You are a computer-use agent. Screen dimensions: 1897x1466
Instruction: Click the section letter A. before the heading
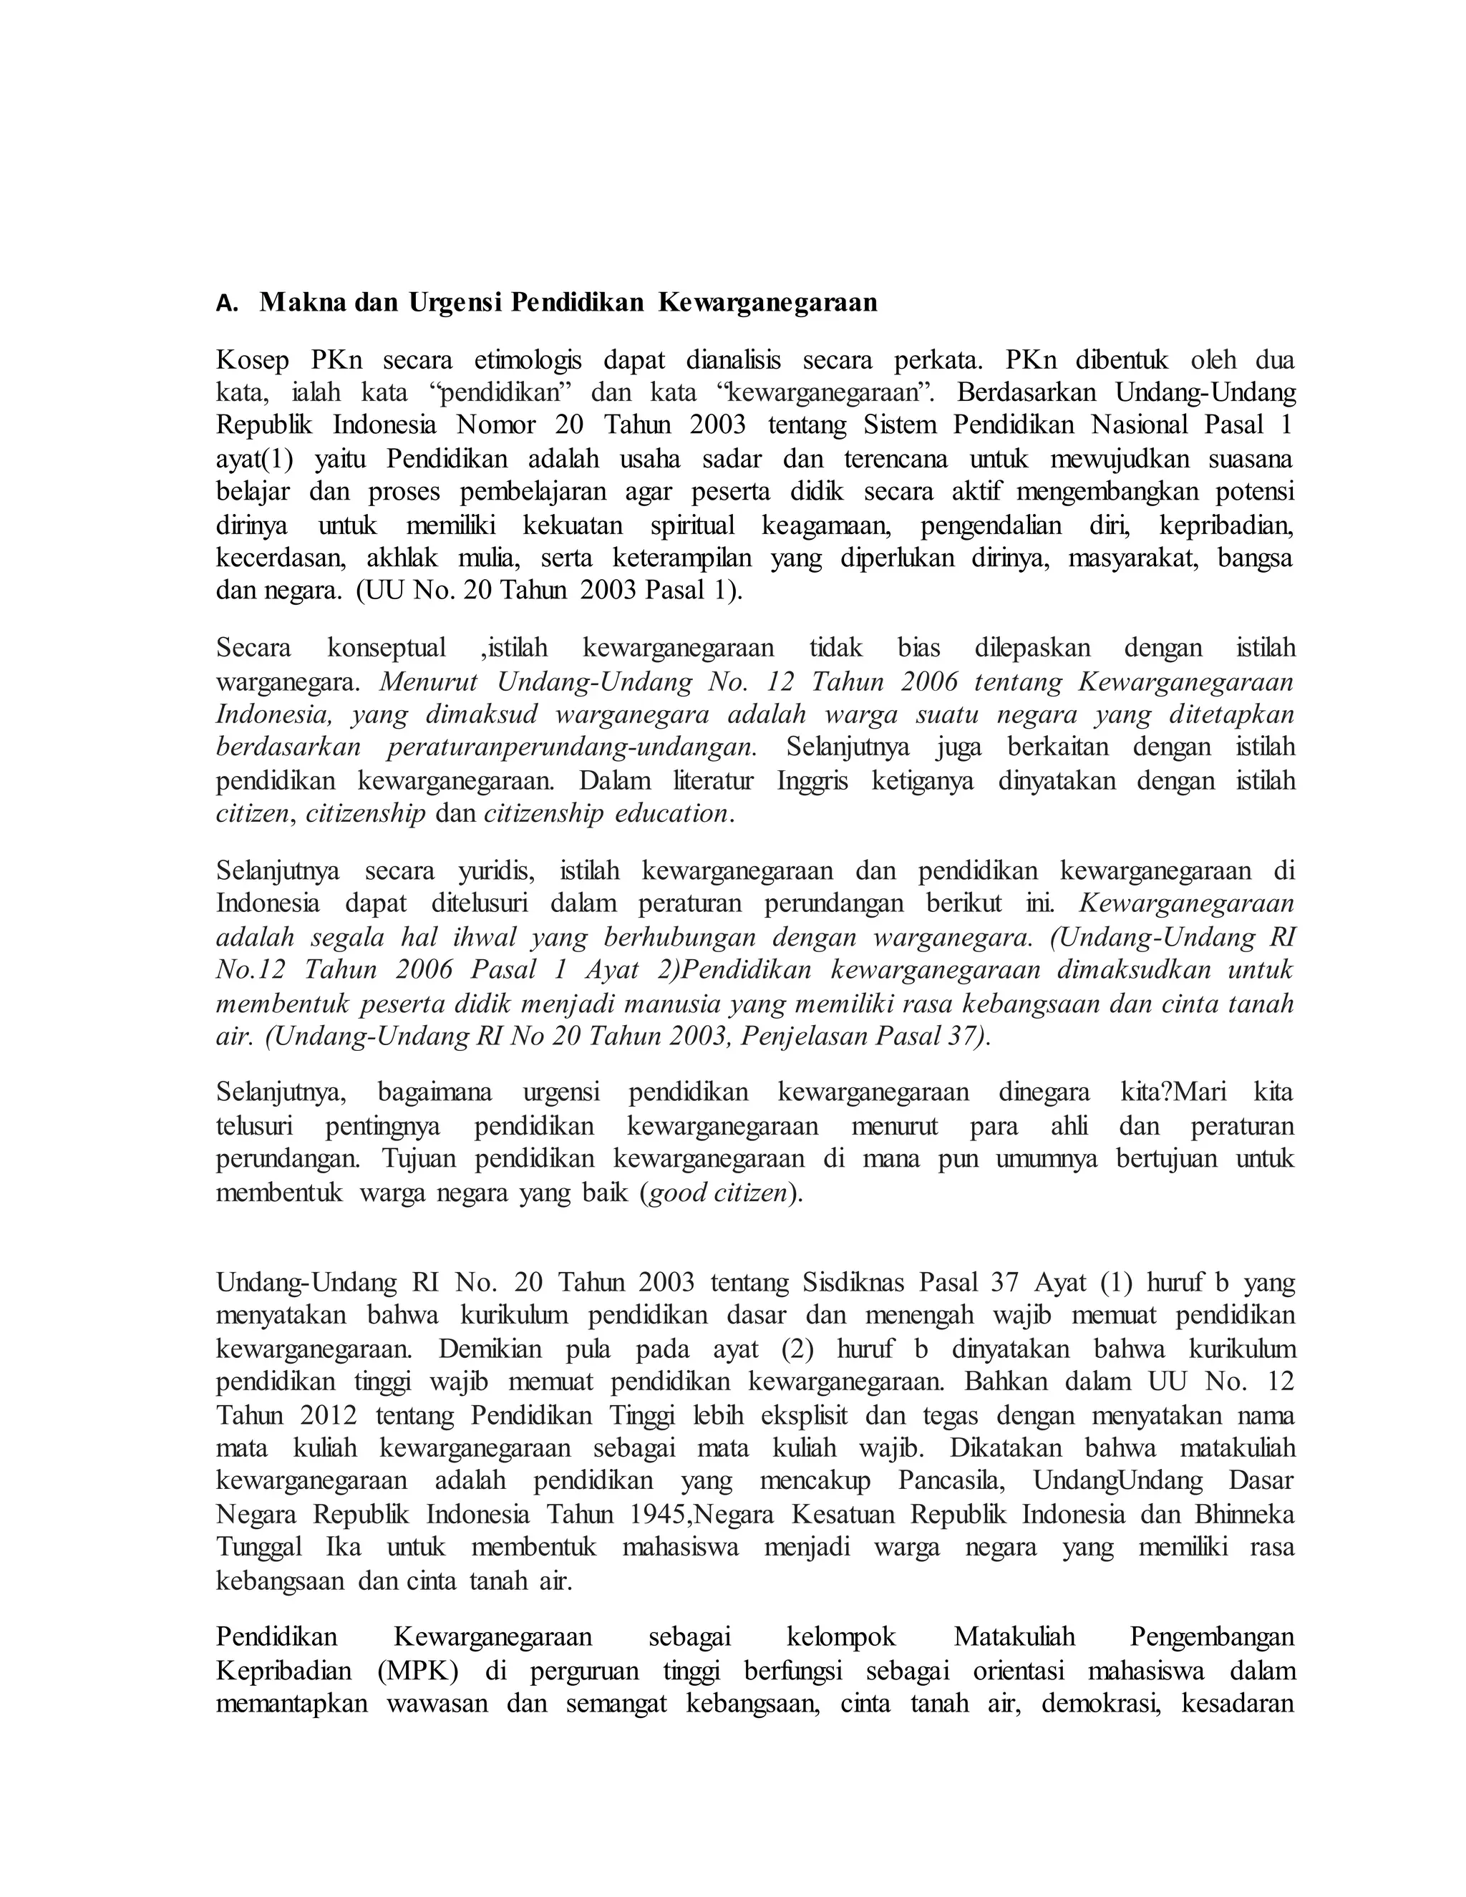(x=227, y=303)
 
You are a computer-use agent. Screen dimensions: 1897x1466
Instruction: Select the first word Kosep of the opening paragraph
(x=252, y=359)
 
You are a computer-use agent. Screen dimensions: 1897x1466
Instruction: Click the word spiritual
(x=692, y=525)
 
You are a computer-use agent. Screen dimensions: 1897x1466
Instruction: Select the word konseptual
(x=387, y=648)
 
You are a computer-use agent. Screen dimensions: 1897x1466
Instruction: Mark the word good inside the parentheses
(x=677, y=1193)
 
